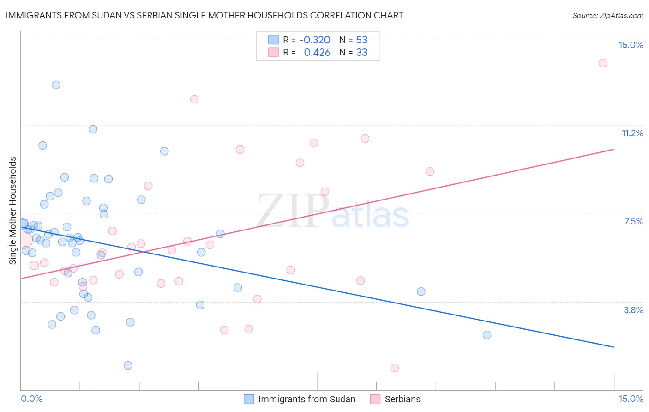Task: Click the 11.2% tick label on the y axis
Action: point(632,133)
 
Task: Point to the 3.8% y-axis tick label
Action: point(633,310)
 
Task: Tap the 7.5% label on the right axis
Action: point(633,222)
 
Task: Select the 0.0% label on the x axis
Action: point(31,399)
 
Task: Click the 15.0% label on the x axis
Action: point(631,399)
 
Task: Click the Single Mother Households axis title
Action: point(13,211)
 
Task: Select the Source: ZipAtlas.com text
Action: point(607,16)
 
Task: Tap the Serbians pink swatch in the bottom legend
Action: point(375,400)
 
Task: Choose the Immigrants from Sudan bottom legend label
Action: point(306,400)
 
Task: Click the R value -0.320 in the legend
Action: point(315,40)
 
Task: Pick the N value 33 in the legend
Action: point(361,53)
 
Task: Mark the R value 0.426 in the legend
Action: point(317,53)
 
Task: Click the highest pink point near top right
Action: point(603,63)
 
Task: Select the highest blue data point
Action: point(56,85)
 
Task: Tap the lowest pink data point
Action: point(394,368)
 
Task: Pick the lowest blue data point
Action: point(128,365)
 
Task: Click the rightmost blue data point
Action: point(487,335)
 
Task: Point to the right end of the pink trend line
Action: point(614,149)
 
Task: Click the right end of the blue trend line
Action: point(614,347)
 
